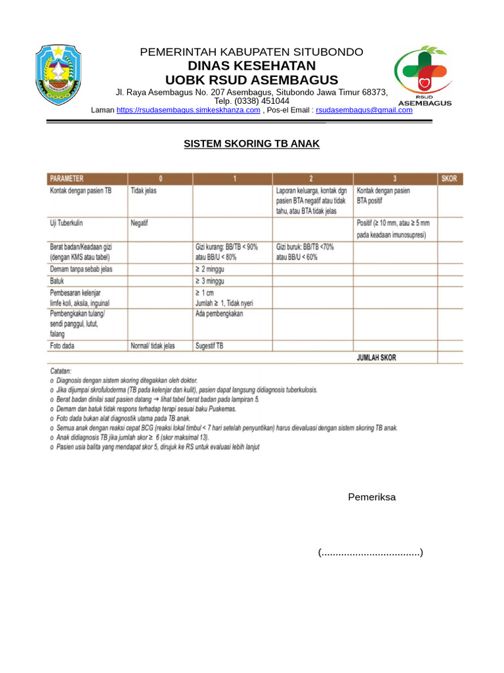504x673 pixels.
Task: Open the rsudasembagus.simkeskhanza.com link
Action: coord(188,110)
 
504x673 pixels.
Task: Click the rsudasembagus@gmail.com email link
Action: coord(364,110)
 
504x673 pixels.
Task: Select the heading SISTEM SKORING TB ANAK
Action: coord(251,144)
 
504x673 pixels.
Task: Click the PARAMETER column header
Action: coord(66,178)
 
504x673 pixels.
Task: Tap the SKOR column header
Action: coord(450,178)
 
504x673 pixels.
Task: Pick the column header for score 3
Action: coord(395,178)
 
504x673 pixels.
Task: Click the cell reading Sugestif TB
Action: coord(209,345)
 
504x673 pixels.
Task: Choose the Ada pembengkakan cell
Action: coord(219,314)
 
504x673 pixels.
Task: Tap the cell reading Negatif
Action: coord(140,223)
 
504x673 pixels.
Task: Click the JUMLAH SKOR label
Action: coord(376,358)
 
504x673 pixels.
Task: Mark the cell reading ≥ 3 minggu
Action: coord(211,281)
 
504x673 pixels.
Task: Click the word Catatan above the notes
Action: coord(62,370)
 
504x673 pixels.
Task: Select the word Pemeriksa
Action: coord(371,497)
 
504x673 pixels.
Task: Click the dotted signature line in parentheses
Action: coord(371,553)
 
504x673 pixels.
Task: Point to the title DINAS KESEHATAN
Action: coord(251,66)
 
